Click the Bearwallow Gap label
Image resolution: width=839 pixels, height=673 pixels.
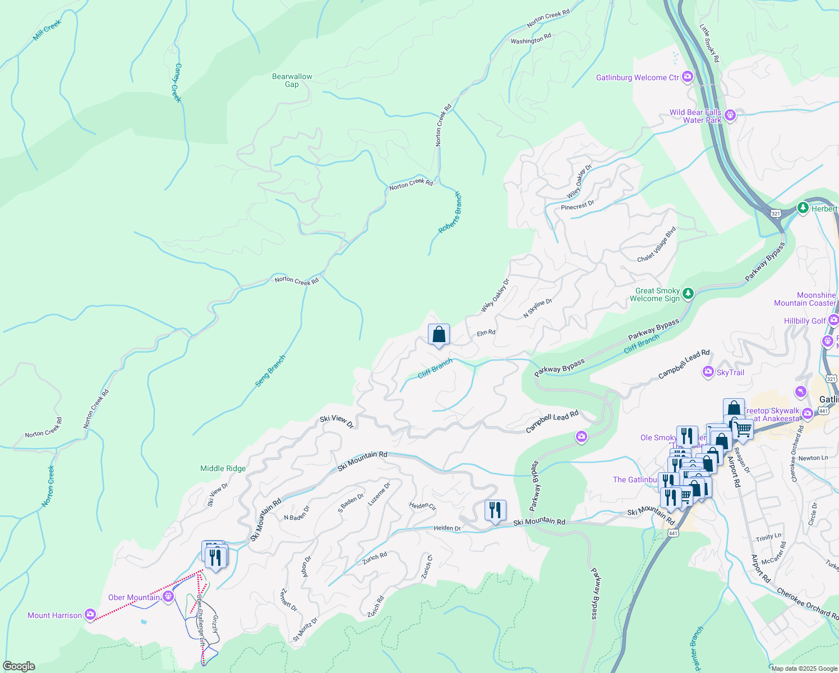pos(292,80)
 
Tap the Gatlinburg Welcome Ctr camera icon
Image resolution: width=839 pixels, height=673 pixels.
pos(688,77)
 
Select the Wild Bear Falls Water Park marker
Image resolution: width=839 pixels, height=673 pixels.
pos(730,116)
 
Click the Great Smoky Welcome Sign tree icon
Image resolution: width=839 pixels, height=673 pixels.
pos(688,293)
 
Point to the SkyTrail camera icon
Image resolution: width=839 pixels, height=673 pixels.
pos(708,372)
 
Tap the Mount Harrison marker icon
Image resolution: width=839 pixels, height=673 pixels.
pos(90,615)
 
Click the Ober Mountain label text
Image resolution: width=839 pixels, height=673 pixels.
pos(134,597)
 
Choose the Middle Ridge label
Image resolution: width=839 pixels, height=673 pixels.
pos(223,468)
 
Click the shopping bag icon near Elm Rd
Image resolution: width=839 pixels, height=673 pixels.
pos(439,335)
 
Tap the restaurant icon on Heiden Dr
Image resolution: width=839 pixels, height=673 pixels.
pos(495,510)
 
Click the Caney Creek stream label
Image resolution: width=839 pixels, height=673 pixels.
pos(177,82)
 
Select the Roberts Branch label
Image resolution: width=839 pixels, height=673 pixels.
pos(450,213)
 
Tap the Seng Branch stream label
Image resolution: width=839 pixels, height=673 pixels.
pos(270,371)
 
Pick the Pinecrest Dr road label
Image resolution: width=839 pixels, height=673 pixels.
pos(577,206)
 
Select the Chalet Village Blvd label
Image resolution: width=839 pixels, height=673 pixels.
pos(657,244)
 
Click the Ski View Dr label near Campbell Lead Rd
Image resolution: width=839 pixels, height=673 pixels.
pos(336,421)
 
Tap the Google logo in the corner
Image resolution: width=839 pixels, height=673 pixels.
pos(19,666)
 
